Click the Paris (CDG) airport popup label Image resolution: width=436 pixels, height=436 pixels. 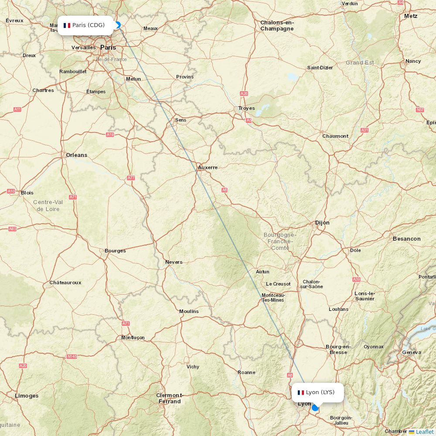85,25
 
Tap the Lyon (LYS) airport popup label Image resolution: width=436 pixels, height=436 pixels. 317,392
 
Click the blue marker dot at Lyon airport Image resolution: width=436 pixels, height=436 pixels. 315,408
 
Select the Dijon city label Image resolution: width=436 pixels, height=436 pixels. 322,223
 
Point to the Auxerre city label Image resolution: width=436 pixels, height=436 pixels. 208,167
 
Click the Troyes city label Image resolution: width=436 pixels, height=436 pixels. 246,108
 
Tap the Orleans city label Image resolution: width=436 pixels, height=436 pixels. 76,155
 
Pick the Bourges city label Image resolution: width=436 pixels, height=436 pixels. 115,251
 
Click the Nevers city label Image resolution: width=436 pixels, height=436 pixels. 174,262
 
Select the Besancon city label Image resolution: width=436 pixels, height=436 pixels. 406,239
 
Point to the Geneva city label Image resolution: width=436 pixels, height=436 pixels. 412,352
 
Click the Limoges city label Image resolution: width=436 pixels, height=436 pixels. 27,396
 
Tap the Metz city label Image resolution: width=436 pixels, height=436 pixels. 411,16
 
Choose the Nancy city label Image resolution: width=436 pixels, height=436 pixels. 413,61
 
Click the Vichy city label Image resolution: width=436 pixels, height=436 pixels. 193,367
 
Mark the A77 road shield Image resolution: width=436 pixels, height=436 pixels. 131,178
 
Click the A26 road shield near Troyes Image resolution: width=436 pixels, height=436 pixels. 244,93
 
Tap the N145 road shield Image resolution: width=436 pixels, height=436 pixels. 72,356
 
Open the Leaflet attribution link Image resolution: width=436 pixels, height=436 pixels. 424,432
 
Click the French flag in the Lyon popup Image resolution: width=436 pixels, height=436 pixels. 301,392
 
